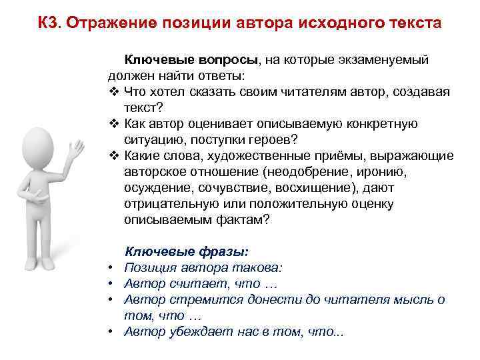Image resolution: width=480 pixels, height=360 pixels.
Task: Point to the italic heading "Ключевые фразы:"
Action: pos(187,251)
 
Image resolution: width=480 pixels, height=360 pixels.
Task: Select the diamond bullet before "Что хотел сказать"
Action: pos(111,91)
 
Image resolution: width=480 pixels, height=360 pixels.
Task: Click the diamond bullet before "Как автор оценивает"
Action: pos(111,123)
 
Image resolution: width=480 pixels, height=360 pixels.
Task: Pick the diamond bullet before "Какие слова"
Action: pos(111,155)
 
